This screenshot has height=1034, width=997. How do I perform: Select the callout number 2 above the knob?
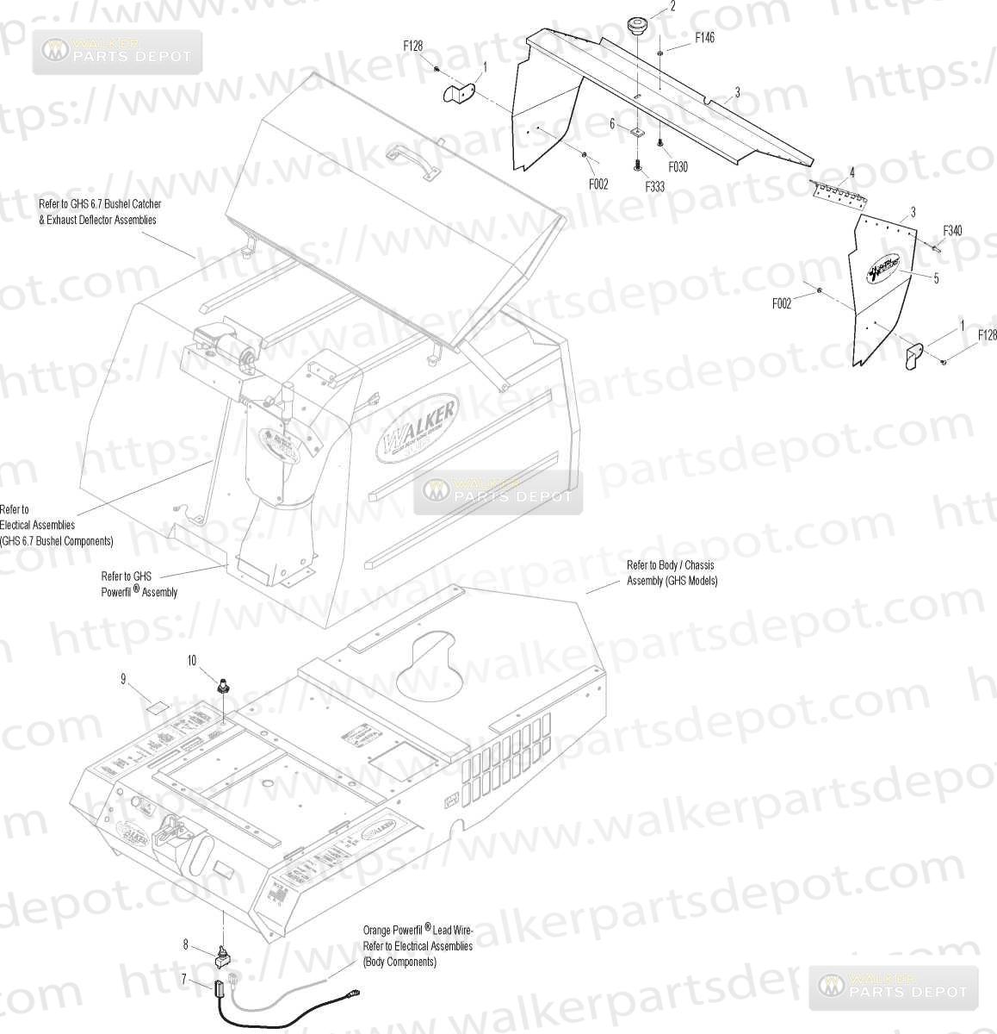(672, 6)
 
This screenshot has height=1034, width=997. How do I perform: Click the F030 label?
(677, 167)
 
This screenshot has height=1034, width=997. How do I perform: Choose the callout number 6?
(612, 124)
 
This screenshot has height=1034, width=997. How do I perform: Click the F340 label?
(952, 230)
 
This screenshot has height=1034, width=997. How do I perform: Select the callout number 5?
(936, 277)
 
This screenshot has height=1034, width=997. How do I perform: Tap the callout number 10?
(192, 661)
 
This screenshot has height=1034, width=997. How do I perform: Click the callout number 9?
(123, 680)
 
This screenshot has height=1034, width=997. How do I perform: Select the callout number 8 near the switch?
(185, 944)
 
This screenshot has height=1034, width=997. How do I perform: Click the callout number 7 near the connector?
(183, 978)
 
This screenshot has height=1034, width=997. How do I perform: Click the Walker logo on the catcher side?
(418, 429)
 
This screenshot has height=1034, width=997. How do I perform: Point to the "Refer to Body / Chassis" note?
(671, 565)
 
